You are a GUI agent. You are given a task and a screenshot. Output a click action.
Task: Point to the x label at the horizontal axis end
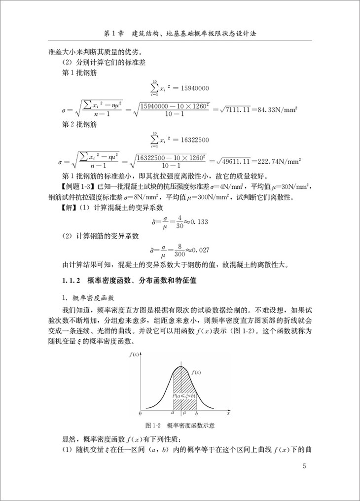[x=228, y=412]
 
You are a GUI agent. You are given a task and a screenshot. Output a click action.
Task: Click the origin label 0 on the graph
[x=140, y=412]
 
